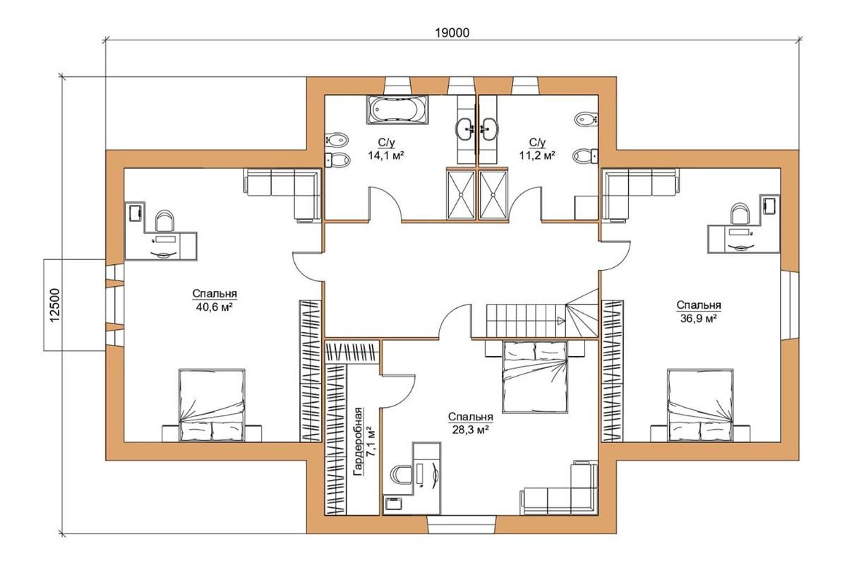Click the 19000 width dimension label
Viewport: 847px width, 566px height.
[x=452, y=33]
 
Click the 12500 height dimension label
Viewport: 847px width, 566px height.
[x=55, y=305]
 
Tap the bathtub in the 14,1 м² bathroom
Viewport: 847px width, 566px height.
[x=397, y=110]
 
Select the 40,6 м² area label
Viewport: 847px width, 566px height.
[x=214, y=307]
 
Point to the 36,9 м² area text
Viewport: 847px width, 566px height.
[x=699, y=318]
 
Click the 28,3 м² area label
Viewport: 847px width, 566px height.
[x=470, y=430]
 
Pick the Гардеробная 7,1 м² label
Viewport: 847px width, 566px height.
[x=364, y=441]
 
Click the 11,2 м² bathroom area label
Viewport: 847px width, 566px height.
[x=537, y=155]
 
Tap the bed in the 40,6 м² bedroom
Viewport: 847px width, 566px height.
[x=212, y=405]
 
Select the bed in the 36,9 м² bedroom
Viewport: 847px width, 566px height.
[x=700, y=405]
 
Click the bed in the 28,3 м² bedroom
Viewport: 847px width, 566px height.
[x=535, y=377]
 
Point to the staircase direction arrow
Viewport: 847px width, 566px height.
[x=561, y=321]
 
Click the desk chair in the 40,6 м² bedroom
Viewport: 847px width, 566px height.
[x=165, y=220]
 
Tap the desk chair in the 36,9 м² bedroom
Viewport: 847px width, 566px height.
[x=740, y=213]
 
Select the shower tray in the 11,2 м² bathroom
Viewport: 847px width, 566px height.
[x=493, y=195]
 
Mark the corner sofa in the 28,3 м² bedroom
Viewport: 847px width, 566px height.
[x=559, y=488]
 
